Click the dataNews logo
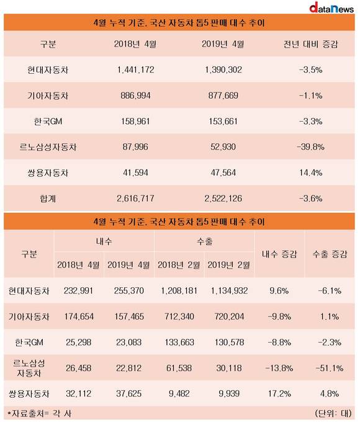point(331,7)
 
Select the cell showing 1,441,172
point(136,70)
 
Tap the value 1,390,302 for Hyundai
point(223,70)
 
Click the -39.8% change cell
point(311,147)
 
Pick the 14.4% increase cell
point(311,173)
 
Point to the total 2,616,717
point(135,199)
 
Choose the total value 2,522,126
point(223,199)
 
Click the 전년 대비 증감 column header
point(310,44)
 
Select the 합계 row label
point(48,199)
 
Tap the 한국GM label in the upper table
point(48,122)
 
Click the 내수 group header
point(104,241)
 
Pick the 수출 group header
point(204,241)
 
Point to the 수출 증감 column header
point(330,254)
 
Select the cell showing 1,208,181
point(179,290)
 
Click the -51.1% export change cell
point(330,368)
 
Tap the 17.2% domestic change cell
point(279,393)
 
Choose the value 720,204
point(230,316)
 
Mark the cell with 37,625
point(129,393)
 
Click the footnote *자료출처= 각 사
point(39,413)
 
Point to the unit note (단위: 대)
point(333,413)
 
